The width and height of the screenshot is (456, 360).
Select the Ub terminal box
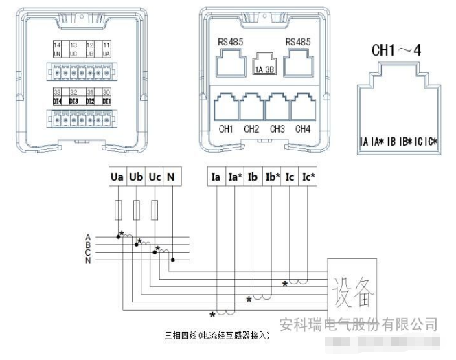point(135,177)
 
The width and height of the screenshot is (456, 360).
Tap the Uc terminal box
point(155,177)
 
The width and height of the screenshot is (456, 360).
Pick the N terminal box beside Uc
point(172,177)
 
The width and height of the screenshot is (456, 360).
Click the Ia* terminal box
point(234,177)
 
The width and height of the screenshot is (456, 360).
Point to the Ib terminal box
point(253,177)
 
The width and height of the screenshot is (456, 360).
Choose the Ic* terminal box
point(309,177)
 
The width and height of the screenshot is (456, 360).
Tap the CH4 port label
point(303,129)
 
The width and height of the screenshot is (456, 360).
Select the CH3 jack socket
point(277,108)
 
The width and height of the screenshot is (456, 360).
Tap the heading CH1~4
point(399,51)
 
